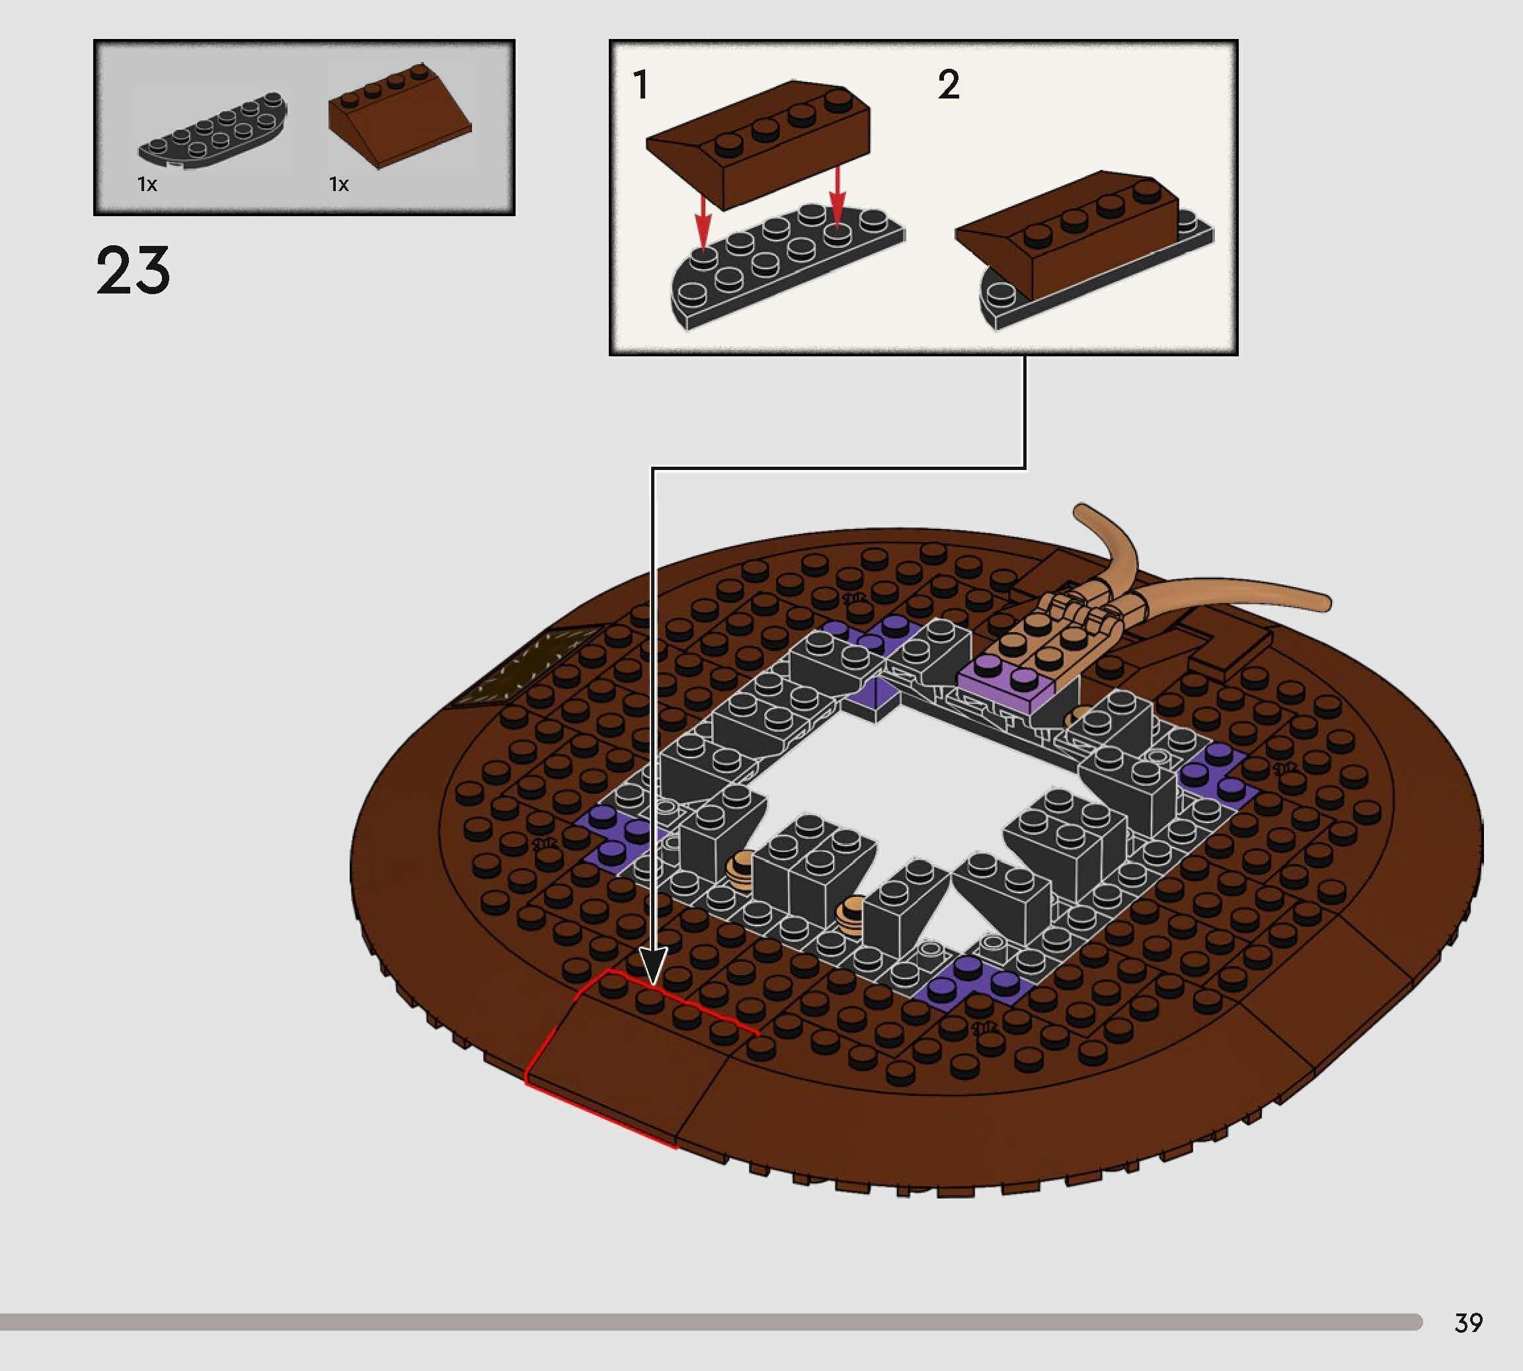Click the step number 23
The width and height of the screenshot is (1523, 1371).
pos(133,270)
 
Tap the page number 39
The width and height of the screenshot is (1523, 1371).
pos(1468,1322)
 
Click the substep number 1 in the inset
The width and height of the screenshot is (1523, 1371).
pos(641,85)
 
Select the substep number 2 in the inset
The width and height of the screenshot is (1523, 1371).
pos(949,85)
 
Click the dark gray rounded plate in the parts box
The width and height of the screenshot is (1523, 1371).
pos(212,132)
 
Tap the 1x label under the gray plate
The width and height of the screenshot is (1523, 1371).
pos(147,184)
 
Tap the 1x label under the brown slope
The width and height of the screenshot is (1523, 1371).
pos(339,184)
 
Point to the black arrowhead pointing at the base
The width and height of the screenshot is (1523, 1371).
pos(652,966)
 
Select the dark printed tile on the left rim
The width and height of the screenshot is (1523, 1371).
pos(527,667)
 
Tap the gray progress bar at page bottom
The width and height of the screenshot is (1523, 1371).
pos(708,1322)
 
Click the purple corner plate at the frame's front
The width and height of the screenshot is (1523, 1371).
pos(972,983)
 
